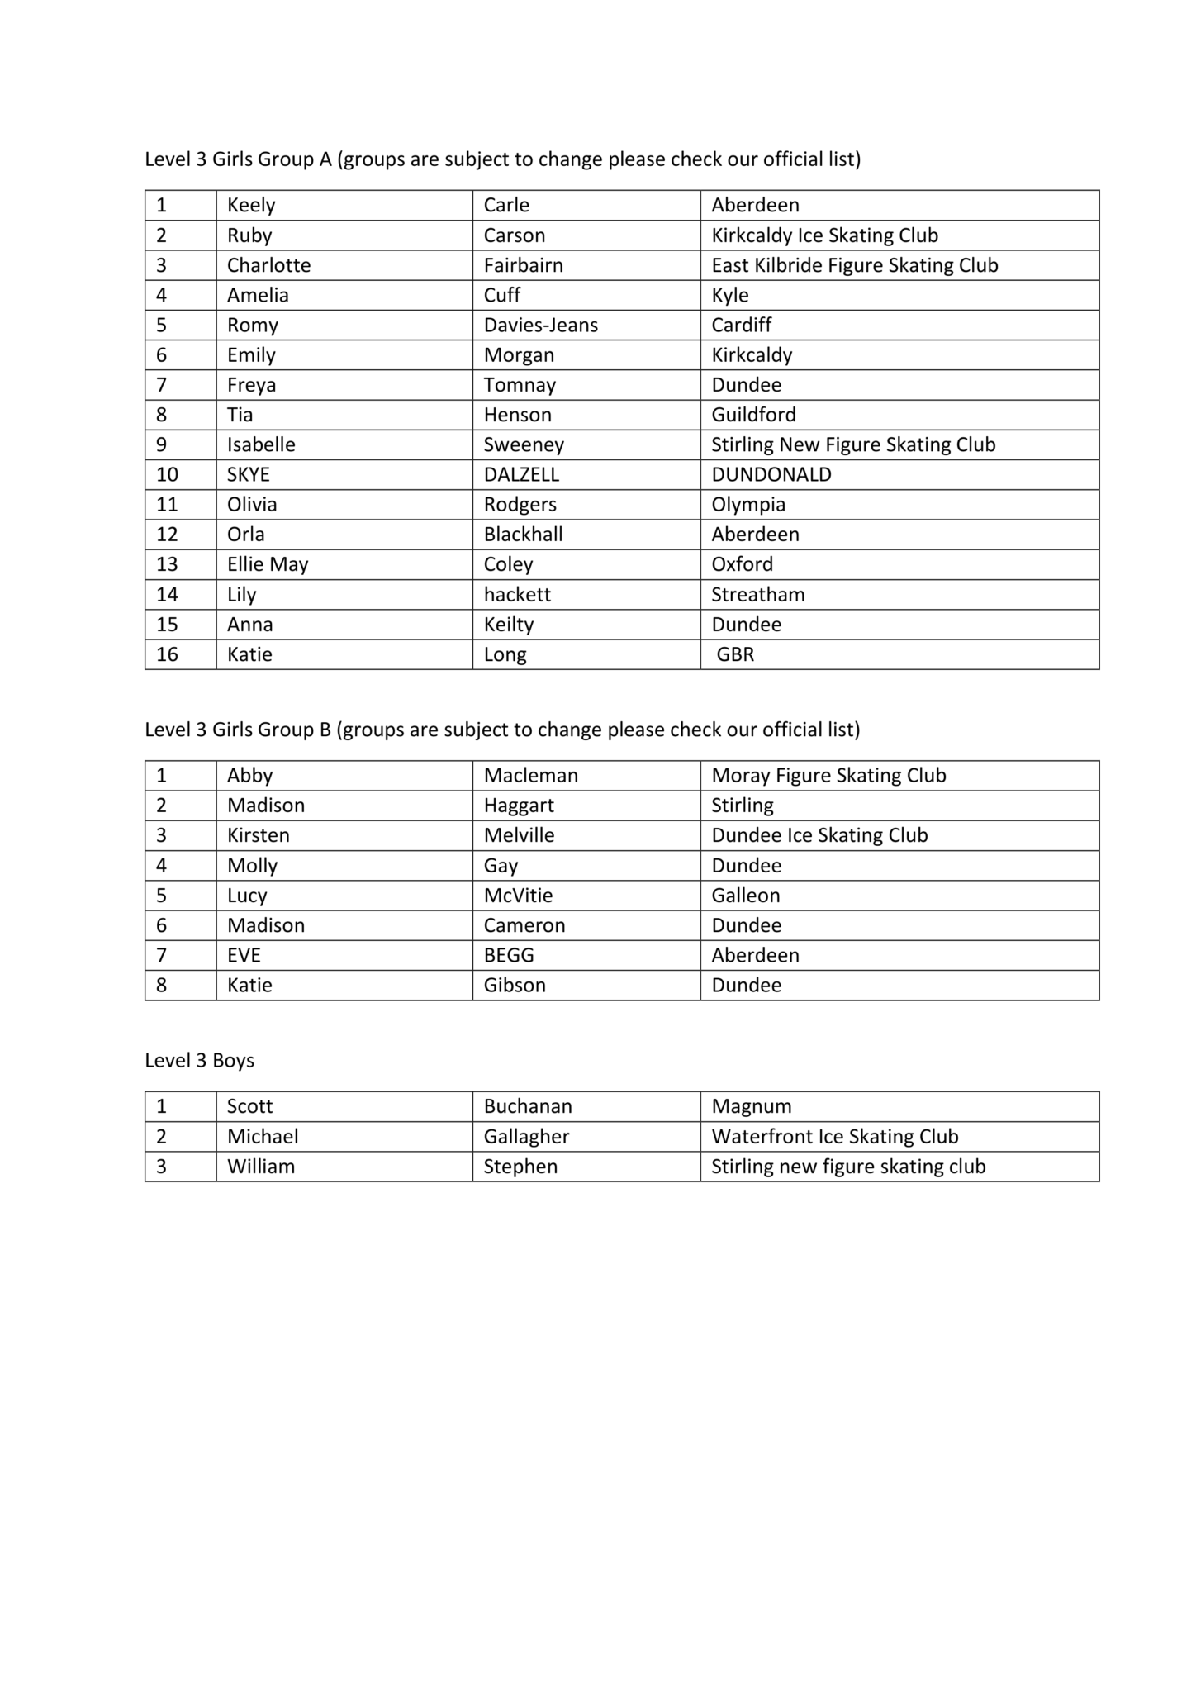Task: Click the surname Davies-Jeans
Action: point(540,325)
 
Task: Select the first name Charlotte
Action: point(268,265)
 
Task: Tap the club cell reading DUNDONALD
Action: point(771,474)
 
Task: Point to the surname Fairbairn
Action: point(523,265)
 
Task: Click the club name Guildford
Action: point(753,415)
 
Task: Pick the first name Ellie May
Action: point(267,564)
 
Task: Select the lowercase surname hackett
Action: point(517,594)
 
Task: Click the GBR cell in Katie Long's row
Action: point(734,654)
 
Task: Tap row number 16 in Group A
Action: point(167,654)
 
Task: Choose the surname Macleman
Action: point(530,775)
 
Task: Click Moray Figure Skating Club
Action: point(828,775)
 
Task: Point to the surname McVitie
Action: point(518,895)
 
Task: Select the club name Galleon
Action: point(745,895)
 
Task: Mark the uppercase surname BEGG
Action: point(509,955)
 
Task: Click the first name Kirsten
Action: point(258,835)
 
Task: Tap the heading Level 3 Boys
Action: point(199,1060)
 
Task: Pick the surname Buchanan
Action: point(527,1106)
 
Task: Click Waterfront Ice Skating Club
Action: point(834,1136)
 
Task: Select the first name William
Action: point(260,1166)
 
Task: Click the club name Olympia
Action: point(748,504)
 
